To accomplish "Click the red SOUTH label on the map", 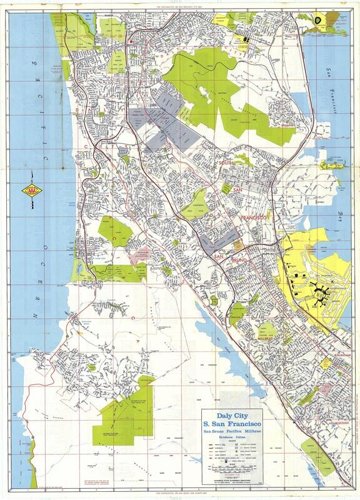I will tap(229, 163).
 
